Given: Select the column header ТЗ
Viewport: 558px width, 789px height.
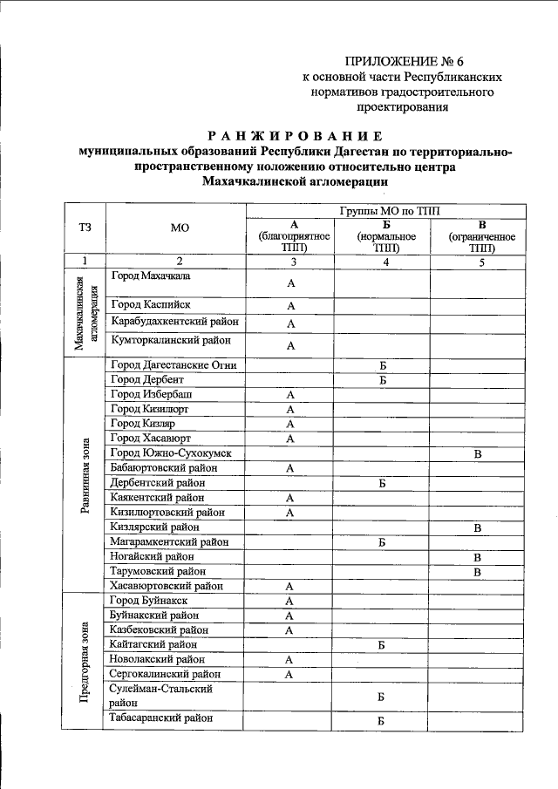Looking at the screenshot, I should tap(85, 228).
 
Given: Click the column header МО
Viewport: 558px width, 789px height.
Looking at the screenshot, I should tap(180, 228).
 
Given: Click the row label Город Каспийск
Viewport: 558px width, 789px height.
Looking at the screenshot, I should tap(150, 304).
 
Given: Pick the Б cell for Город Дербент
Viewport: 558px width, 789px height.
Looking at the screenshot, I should tap(382, 379).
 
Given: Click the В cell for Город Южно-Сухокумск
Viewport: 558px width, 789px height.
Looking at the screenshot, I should tap(477, 453).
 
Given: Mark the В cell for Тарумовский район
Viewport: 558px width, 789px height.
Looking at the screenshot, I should tap(477, 571).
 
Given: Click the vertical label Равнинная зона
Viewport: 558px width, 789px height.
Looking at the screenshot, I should tap(85, 476).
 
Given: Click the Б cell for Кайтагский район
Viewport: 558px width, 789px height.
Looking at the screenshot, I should tap(382, 645).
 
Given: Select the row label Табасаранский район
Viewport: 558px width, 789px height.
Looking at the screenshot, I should tap(162, 719).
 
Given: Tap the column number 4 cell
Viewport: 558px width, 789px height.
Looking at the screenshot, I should tap(383, 261).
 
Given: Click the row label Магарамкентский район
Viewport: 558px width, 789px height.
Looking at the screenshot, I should tap(169, 541).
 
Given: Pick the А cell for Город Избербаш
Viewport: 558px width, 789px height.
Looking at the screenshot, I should tap(290, 394).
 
